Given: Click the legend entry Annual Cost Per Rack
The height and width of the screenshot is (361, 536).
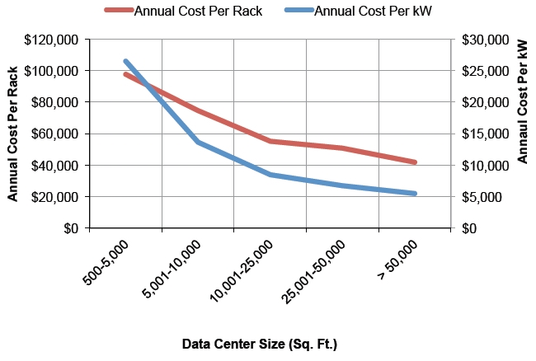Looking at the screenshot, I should [x=198, y=11].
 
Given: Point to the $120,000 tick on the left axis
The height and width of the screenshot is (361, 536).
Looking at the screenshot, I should [x=56, y=40].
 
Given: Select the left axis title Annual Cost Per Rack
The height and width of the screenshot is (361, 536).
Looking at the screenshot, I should [x=13, y=134].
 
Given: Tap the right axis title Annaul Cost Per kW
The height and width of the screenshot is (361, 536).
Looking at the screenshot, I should [x=523, y=101].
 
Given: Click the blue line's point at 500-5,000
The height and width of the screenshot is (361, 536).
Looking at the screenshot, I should [x=126, y=61].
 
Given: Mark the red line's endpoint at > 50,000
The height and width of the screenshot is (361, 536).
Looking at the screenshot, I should [x=414, y=162].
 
